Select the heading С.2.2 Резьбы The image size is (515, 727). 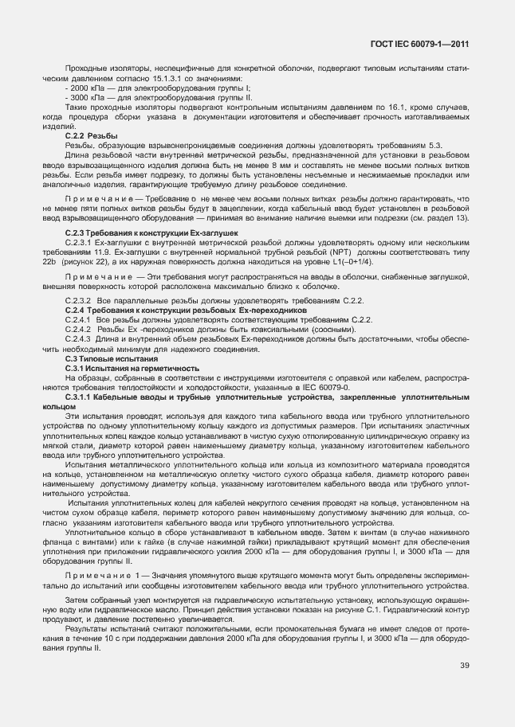click(85, 136)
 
